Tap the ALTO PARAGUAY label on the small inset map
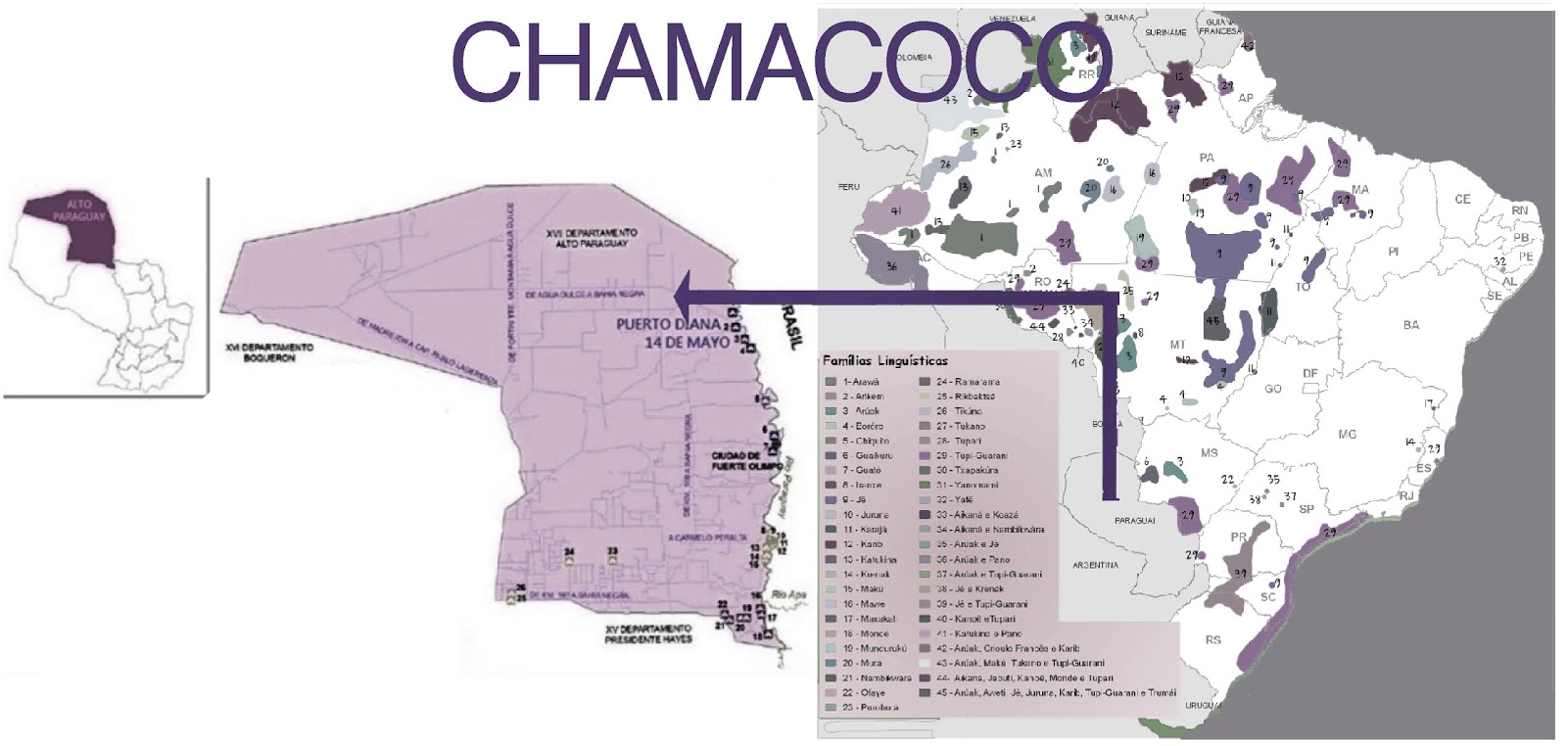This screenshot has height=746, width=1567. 78,210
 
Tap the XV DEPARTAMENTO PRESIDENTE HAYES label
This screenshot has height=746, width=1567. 648,633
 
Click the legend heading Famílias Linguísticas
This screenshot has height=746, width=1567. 884,360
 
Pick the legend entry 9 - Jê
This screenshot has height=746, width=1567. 856,499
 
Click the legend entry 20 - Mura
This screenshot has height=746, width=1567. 862,663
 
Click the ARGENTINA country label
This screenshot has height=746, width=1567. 1095,565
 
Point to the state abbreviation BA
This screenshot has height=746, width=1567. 1410,325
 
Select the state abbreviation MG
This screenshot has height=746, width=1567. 1348,434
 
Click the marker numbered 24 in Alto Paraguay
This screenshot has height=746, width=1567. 568,554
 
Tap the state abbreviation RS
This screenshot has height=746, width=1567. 1212,639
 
